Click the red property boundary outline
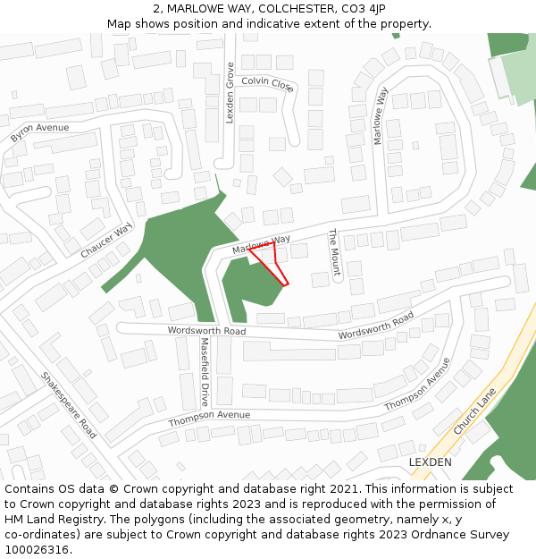pyautogui.click(x=270, y=265)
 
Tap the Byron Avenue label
pyautogui.click(x=39, y=133)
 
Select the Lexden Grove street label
pyautogui.click(x=230, y=93)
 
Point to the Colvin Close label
pyautogui.click(x=267, y=84)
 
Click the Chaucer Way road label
pyautogui.click(x=106, y=240)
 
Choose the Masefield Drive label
pyautogui.click(x=204, y=371)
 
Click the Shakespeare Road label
pyautogui.click(x=69, y=404)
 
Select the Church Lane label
pyautogui.click(x=473, y=416)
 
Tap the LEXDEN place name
pyautogui.click(x=430, y=462)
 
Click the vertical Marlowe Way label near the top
pyautogui.click(x=381, y=115)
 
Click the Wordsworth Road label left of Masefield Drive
pyautogui.click(x=206, y=331)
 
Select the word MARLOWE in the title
pyautogui.click(x=205, y=9)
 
